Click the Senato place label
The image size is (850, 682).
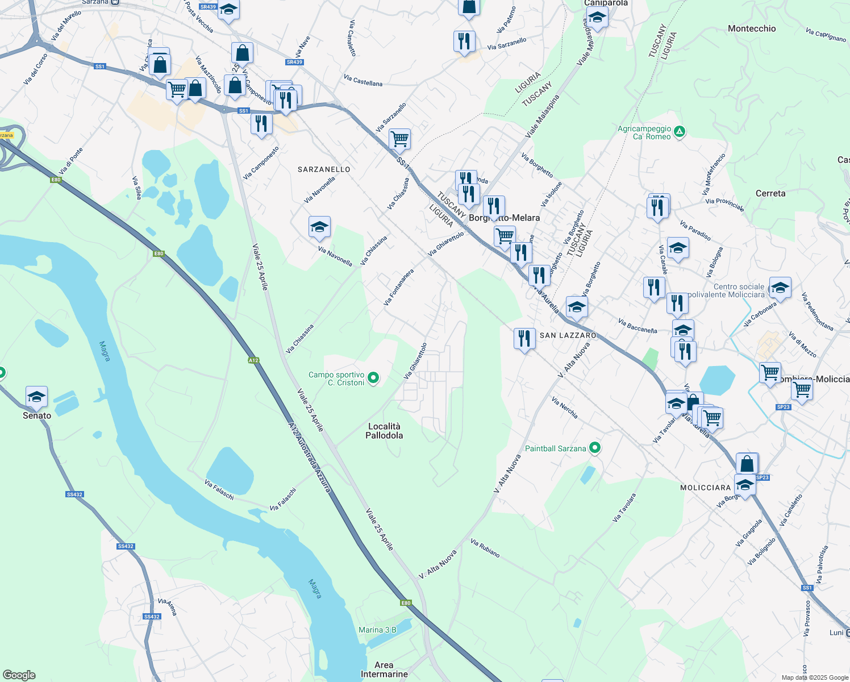[x=37, y=415]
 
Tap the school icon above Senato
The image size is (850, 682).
[x=36, y=397]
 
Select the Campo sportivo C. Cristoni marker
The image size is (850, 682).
[x=373, y=377]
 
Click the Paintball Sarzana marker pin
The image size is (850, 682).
[x=595, y=448]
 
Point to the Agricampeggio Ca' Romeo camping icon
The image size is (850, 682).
[x=679, y=132]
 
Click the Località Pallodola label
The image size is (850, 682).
[x=384, y=431]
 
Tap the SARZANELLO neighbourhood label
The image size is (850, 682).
[x=324, y=169]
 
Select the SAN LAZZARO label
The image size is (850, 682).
[x=568, y=335]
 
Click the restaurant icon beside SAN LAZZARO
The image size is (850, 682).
[x=524, y=338]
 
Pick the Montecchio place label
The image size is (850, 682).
[x=752, y=28]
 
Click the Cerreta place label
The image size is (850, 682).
[x=770, y=193]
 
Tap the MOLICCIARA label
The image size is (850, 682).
[x=705, y=488]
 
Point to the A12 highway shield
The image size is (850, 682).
[x=253, y=360]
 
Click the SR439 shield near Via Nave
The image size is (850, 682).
[x=294, y=62]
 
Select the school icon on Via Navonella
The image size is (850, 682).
[x=319, y=227]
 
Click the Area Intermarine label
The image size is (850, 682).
[x=384, y=669]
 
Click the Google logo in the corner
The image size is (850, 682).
[x=19, y=675]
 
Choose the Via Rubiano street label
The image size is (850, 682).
[x=485, y=548]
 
